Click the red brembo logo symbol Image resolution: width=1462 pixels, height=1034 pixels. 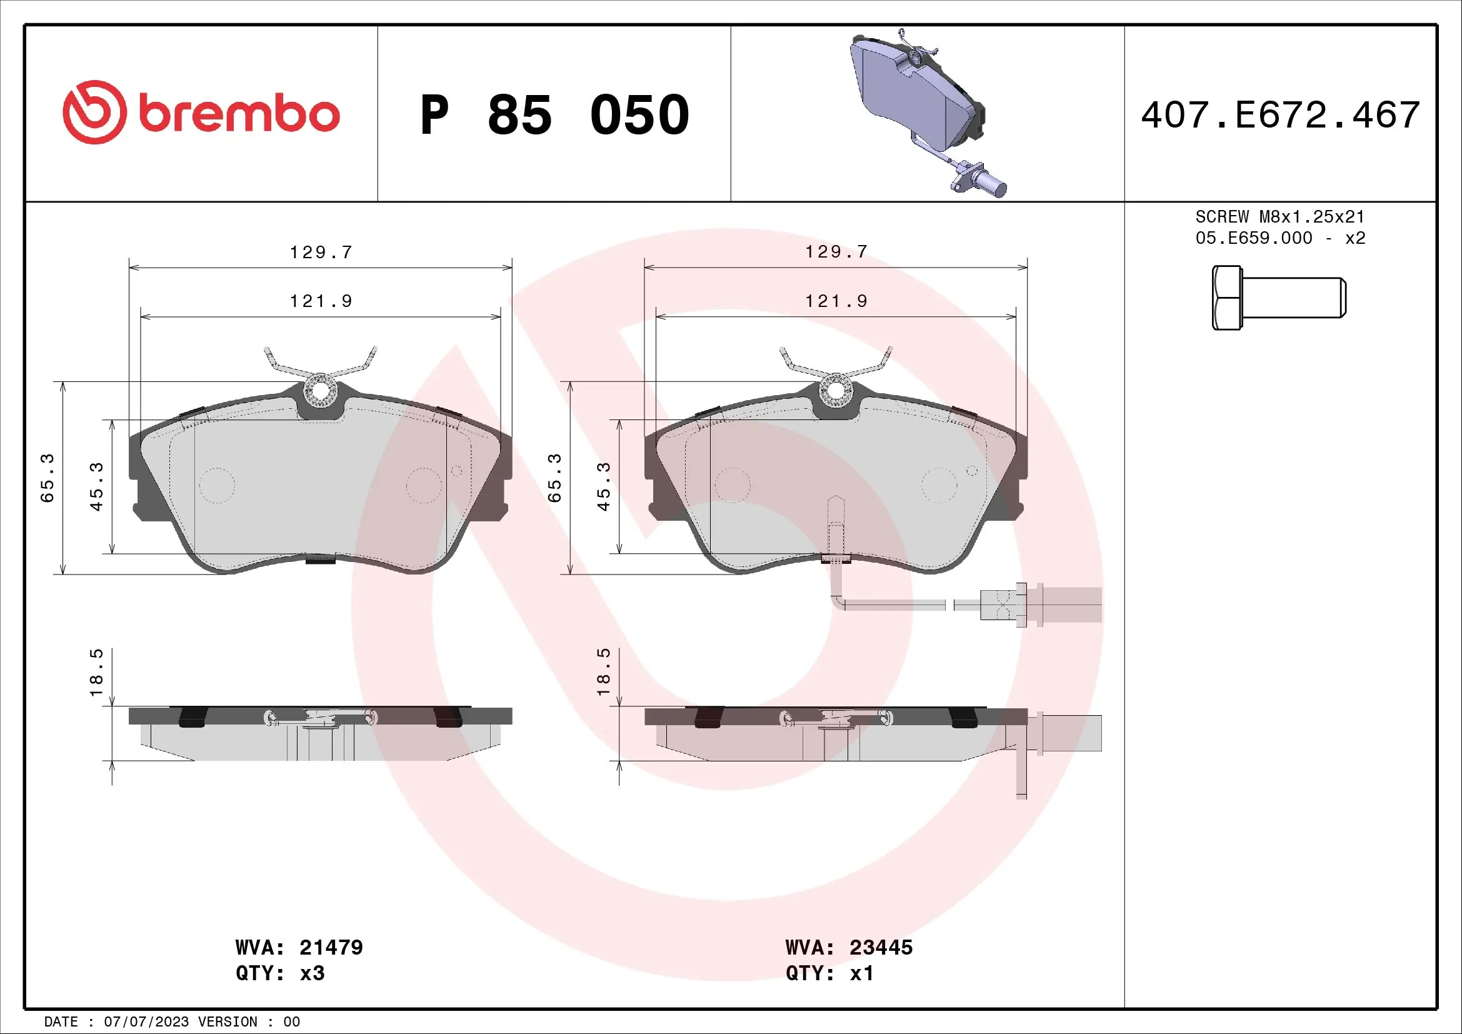pos(94,112)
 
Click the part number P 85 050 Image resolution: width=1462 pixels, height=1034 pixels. pos(554,115)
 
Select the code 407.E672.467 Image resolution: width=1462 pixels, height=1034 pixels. pos(1280,115)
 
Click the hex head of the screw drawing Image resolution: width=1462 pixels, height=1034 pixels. pos(1226,298)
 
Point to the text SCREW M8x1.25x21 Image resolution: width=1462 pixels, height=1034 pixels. pos(1280,216)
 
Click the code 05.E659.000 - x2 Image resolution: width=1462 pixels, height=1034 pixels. pos(1280,238)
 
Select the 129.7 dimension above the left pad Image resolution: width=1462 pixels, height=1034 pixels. pos(321,252)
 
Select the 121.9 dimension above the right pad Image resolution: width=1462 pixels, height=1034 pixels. pos(836,301)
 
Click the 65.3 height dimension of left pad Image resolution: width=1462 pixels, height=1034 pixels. pos(48,478)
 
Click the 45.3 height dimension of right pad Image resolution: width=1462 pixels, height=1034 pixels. pos(604,486)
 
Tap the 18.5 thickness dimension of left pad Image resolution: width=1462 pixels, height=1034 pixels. pos(96,673)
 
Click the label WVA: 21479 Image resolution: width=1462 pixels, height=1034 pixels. pos(299,947)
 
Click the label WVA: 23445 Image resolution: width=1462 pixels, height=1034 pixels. pos(849,947)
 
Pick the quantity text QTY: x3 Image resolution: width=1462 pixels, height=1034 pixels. pos(280,973)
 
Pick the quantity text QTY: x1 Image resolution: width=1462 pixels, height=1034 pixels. pos(829,973)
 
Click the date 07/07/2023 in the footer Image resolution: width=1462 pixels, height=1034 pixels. pos(146,1022)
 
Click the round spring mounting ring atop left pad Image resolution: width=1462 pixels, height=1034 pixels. pos(320,389)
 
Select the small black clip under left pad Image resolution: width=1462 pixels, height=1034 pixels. pos(320,560)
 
